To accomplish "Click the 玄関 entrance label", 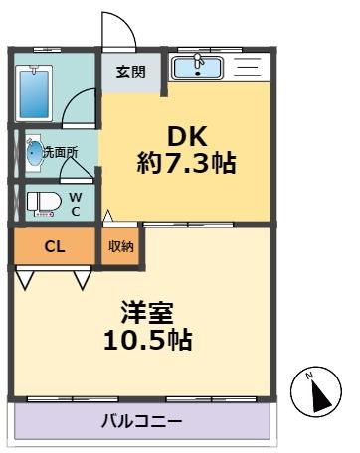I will [130, 71].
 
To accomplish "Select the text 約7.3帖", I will [186, 163].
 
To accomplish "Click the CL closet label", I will [54, 246].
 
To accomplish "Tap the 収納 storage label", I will [120, 246].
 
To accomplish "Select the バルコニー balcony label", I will [140, 421].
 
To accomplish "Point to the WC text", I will [76, 202].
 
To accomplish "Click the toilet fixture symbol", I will [41, 202].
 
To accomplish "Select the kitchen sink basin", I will [197, 68].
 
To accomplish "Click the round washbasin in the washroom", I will [35, 153].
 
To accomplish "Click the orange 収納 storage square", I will [120, 246].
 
